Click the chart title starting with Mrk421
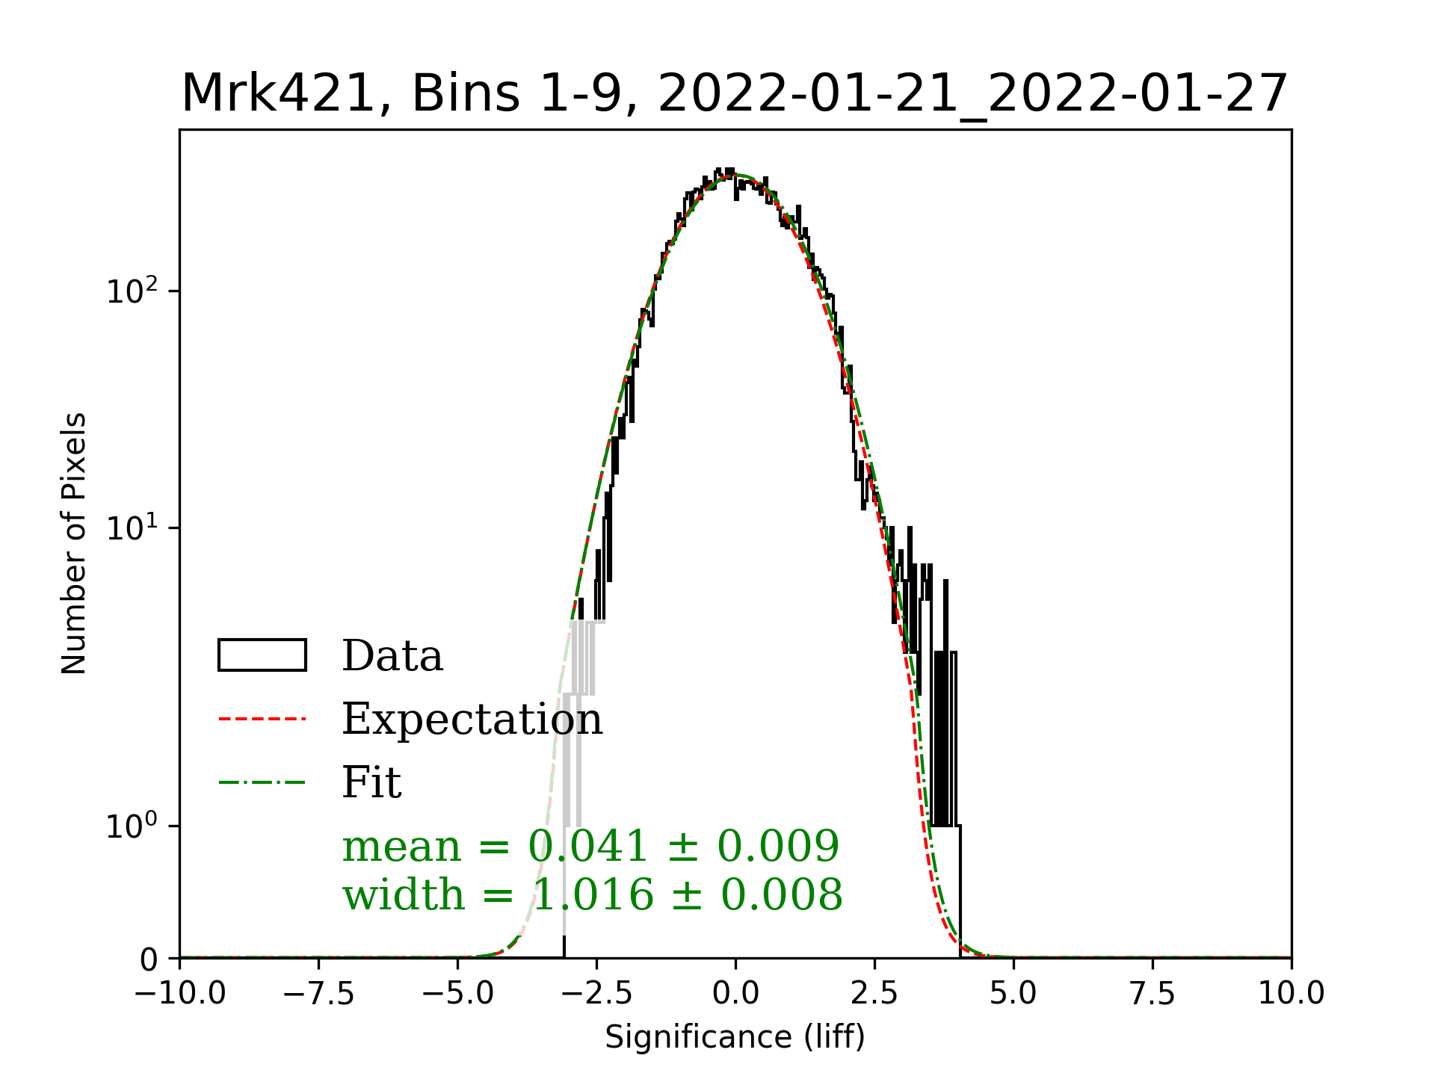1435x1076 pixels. point(735,94)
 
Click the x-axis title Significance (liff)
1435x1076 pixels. point(735,1037)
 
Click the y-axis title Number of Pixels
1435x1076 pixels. point(74,543)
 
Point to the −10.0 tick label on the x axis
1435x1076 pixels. point(180,994)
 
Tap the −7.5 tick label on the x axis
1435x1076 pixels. point(319,994)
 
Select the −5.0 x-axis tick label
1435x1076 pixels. point(458,994)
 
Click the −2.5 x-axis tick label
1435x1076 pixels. point(596,994)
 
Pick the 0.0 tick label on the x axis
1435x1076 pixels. point(735,994)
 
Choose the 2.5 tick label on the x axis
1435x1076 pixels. point(874,994)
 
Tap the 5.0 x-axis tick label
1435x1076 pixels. point(1013,994)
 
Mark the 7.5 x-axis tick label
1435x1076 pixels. point(1152,994)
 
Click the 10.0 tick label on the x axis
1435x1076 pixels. point(1291,994)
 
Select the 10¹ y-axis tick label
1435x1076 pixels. point(132,528)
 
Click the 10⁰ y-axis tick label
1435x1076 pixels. point(132,826)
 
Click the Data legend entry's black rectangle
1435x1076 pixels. point(262,655)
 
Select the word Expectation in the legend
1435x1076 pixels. point(472,720)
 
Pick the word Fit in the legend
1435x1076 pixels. point(371,783)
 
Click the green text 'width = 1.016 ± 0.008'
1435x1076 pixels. point(592,895)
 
